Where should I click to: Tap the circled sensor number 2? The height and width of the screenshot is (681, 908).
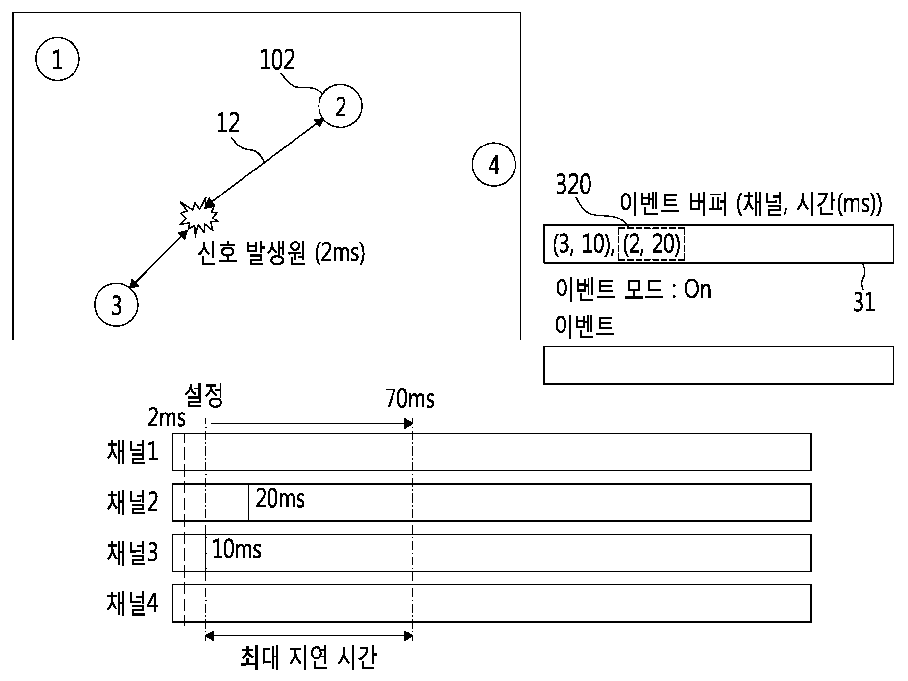pos(340,106)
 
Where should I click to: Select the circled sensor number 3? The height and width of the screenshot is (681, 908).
pos(116,305)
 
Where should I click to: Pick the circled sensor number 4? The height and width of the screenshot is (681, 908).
pos(494,165)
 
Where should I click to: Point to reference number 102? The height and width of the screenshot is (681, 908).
pos(277,60)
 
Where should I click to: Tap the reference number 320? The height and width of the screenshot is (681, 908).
pos(573,185)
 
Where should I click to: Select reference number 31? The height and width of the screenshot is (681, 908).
pos(864,302)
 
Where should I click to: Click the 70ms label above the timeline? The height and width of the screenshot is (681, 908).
pos(410,398)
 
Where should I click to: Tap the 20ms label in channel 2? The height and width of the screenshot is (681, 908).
pos(280,499)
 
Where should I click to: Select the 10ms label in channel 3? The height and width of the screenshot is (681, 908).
pos(237,549)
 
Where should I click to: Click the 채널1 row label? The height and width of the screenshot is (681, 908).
pos(132,452)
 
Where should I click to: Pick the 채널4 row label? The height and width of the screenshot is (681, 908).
pos(132,603)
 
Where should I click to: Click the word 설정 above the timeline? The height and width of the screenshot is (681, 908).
pos(204,395)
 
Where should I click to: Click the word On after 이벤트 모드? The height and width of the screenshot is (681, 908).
pos(697,290)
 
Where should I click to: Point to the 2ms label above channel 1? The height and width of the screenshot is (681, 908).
pos(167,418)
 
